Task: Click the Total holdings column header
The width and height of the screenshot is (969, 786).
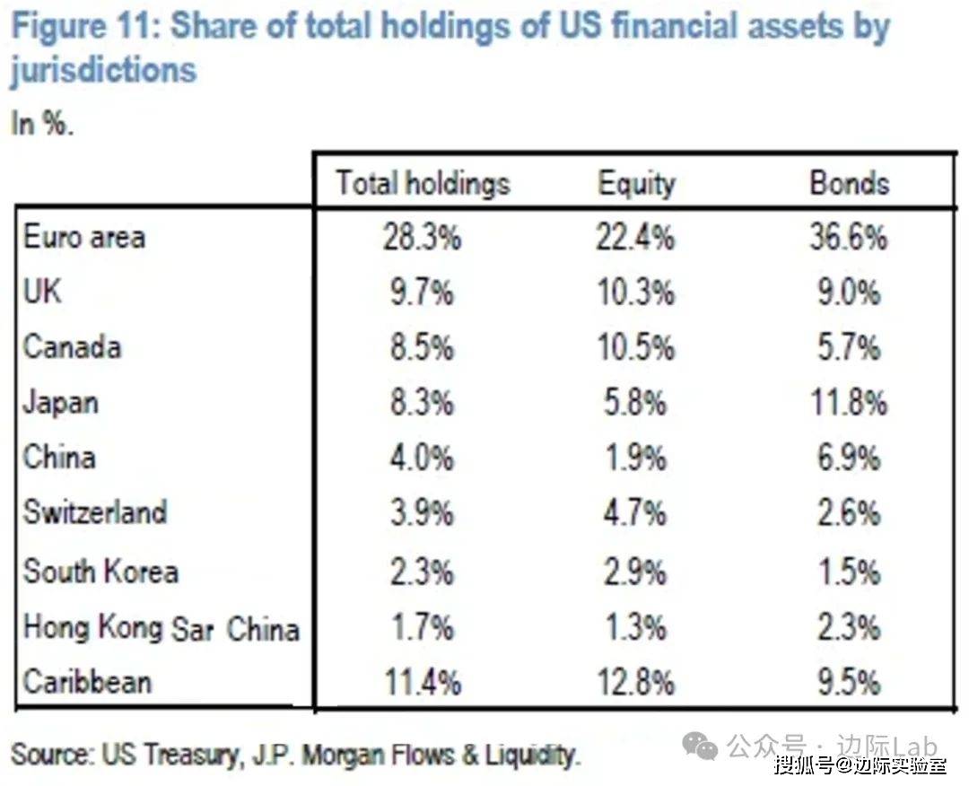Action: tap(423, 183)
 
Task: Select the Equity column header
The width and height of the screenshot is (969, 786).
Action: tap(636, 183)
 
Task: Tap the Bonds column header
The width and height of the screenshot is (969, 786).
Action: tap(849, 183)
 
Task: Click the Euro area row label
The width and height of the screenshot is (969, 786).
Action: tap(84, 238)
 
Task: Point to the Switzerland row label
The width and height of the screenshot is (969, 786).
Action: tap(95, 512)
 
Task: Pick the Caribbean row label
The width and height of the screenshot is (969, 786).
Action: tap(87, 681)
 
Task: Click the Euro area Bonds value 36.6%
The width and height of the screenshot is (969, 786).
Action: tap(849, 238)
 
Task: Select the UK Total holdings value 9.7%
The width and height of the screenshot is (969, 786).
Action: tap(423, 293)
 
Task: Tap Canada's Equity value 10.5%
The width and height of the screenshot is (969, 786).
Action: tap(636, 348)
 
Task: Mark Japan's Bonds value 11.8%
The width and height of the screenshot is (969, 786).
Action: tap(849, 403)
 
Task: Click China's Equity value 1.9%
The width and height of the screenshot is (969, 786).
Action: tap(636, 458)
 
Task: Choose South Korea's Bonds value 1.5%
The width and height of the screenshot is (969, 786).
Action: tap(849, 572)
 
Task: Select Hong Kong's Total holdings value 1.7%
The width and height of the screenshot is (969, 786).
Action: tap(423, 628)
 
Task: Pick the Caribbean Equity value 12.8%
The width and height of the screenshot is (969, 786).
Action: tap(636, 683)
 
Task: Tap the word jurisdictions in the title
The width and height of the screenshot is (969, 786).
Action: tap(103, 70)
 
